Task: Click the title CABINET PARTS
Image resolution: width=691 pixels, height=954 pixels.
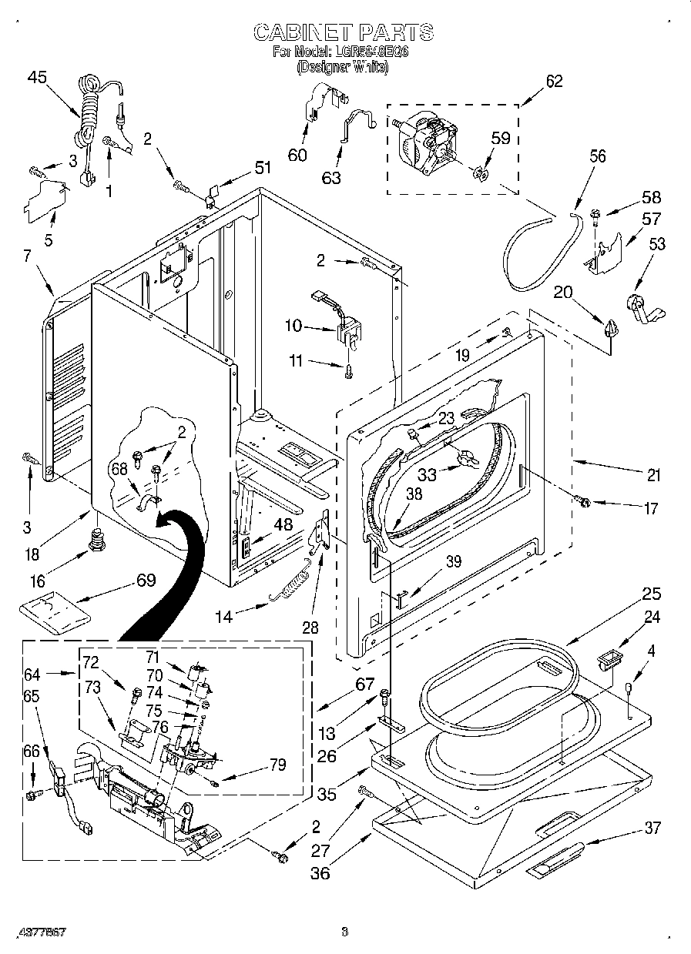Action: coord(344,32)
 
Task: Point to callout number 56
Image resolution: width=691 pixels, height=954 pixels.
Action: coord(597,156)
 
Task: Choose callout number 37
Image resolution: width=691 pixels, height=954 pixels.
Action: coord(652,828)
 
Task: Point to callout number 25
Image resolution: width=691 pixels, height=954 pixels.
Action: coord(652,594)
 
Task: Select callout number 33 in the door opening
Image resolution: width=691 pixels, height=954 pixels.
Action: coord(426,475)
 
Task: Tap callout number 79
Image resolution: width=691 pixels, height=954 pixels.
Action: coord(277,765)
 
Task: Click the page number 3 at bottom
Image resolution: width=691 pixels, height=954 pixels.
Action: coord(344,932)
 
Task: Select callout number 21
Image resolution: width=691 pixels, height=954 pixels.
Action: coord(653,476)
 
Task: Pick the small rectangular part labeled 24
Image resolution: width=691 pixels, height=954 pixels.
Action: coord(609,658)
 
